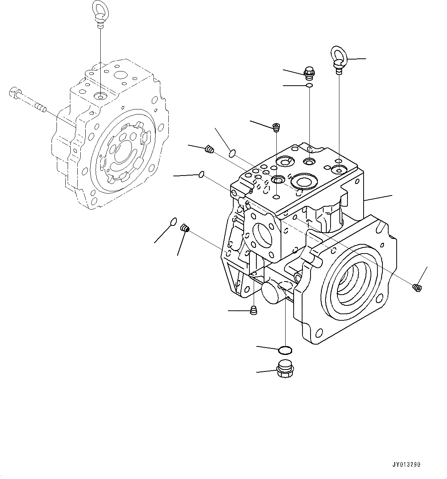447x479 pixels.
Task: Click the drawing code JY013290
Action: [x=407, y=464]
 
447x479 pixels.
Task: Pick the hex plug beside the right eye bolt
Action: [x=309, y=72]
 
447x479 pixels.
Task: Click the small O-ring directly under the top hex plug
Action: [x=309, y=85]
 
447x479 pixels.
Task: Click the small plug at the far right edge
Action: [x=417, y=287]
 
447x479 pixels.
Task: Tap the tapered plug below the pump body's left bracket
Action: [x=253, y=310]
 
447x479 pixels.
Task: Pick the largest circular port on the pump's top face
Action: [x=304, y=181]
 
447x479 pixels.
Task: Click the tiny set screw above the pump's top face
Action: [x=276, y=127]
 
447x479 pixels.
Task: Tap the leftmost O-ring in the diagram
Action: [x=173, y=221]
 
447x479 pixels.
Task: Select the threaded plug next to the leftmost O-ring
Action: [x=184, y=229]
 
